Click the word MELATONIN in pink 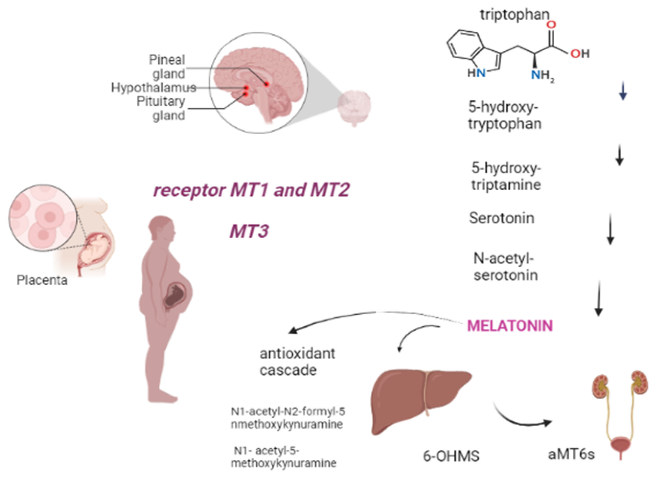pyautogui.click(x=509, y=326)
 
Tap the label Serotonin pyautogui.click(x=501, y=218)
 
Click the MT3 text pyautogui.click(x=249, y=231)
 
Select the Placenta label pyautogui.click(x=42, y=280)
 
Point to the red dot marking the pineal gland pyautogui.click(x=267, y=84)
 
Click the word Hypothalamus pyautogui.click(x=153, y=87)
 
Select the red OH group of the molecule pyautogui.click(x=580, y=54)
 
